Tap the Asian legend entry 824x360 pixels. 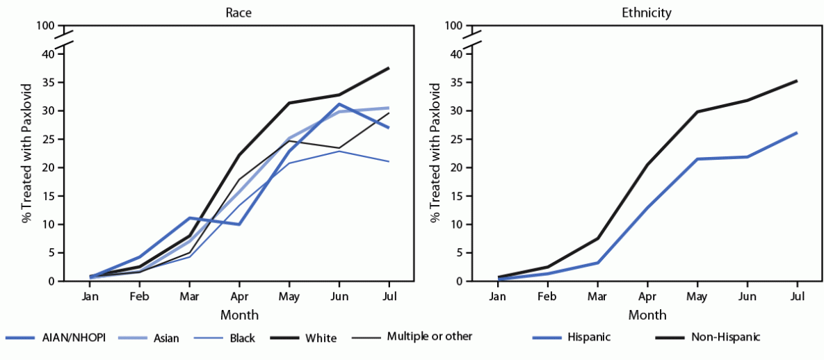point(165,338)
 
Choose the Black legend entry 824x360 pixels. point(242,338)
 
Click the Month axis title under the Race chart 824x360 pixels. point(239,315)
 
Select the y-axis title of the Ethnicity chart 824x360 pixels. point(436,153)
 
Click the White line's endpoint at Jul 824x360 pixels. point(389,67)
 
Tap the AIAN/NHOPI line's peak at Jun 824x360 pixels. point(339,104)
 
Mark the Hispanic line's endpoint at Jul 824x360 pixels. point(797,132)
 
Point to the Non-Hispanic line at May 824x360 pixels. point(697,111)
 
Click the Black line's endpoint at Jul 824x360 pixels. point(389,161)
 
